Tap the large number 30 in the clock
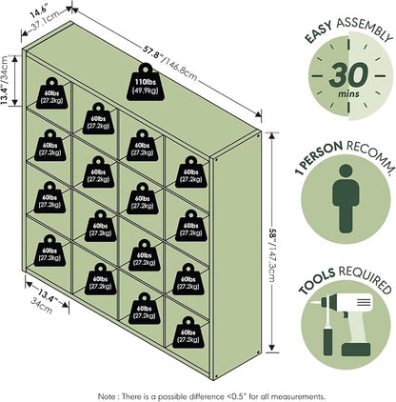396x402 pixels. click(348, 75)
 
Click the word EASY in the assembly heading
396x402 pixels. click(318, 31)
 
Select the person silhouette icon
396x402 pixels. click(346, 198)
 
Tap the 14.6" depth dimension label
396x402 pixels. click(39, 12)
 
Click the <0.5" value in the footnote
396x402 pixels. click(238, 396)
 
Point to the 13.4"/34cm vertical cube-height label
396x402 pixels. click(4, 80)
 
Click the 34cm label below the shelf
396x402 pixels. click(41, 306)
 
